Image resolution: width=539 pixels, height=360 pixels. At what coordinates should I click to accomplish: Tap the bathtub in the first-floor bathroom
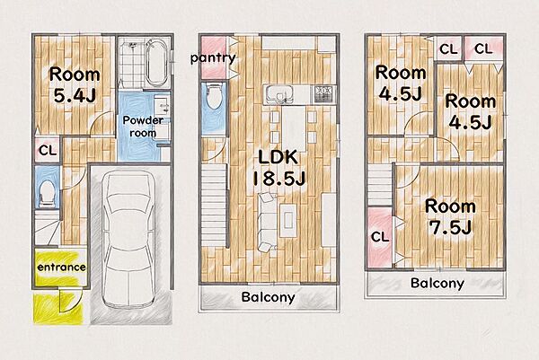click(x=156, y=63)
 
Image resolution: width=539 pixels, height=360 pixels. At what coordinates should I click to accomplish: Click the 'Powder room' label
click(x=143, y=127)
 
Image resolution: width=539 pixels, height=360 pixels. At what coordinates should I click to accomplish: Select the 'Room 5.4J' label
click(x=75, y=85)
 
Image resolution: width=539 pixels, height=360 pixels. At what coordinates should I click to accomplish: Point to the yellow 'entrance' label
click(x=61, y=267)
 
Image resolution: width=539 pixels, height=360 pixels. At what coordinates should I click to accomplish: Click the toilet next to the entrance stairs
click(x=48, y=193)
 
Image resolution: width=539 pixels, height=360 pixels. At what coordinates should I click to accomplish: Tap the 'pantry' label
click(x=213, y=58)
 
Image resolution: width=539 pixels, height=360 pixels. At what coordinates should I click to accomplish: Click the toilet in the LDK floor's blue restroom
click(x=214, y=97)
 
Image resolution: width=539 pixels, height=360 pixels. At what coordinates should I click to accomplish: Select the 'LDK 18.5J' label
click(x=278, y=168)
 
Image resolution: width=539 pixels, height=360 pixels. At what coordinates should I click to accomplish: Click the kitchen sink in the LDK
click(x=278, y=94)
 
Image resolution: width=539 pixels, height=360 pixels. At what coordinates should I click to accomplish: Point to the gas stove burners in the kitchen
click(x=323, y=94)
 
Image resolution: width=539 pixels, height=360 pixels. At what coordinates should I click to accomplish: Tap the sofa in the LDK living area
click(x=267, y=223)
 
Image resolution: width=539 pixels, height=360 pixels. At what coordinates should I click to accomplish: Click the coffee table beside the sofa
click(x=288, y=220)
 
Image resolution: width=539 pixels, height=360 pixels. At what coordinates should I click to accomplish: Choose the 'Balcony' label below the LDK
click(x=268, y=297)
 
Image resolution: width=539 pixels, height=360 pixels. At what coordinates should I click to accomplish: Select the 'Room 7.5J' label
click(x=450, y=216)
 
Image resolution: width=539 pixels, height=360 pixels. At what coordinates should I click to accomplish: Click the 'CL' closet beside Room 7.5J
click(x=380, y=237)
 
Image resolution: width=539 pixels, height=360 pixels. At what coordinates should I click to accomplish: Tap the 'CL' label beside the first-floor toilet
click(x=48, y=150)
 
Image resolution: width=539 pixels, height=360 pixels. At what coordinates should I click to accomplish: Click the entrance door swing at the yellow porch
click(x=70, y=301)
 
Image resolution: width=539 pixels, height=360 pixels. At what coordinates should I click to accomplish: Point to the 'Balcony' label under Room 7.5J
click(x=437, y=283)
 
